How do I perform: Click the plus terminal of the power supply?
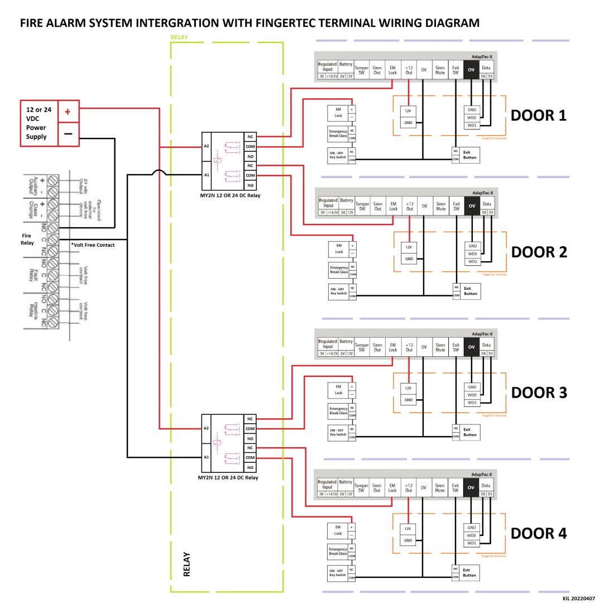coord(68,112)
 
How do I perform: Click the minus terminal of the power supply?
coord(68,134)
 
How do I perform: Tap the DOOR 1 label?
coord(539,116)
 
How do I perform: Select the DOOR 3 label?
coord(539,393)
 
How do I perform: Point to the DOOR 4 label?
coord(539,533)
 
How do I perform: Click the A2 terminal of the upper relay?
coord(206,146)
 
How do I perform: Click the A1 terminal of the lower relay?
coord(206,457)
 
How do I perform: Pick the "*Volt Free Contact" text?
coord(93,245)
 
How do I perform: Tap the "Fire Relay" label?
coord(28,239)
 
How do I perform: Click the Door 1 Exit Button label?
coord(470,155)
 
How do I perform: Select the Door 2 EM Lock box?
coord(339,248)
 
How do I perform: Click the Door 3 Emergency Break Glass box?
coord(338,411)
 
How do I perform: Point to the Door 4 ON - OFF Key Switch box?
coord(337,572)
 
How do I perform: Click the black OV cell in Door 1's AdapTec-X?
coord(471,70)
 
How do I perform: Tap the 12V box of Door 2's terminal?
coord(409,247)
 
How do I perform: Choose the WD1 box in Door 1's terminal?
coord(472,125)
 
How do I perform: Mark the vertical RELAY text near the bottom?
coord(186,564)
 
